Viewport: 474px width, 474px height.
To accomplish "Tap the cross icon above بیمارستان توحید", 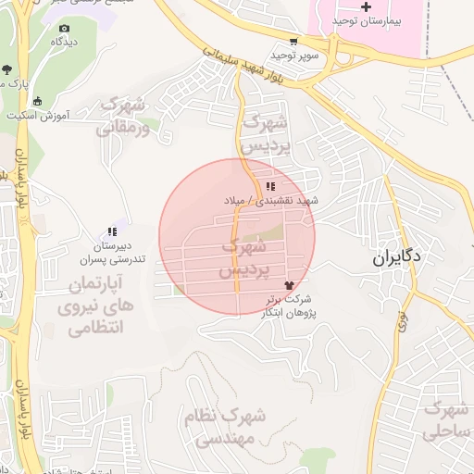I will click(x=366, y=7).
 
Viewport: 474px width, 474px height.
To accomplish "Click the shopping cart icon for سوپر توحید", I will click(x=293, y=42).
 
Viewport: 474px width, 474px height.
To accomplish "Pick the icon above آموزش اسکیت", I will click(x=38, y=101).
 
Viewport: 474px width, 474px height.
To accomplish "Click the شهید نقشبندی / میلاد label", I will click(x=270, y=200).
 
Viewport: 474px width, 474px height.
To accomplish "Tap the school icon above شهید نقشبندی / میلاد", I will click(x=269, y=186).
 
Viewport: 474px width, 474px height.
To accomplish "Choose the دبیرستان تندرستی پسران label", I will click(x=118, y=253).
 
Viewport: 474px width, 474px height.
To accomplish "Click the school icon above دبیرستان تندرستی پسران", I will click(x=113, y=232).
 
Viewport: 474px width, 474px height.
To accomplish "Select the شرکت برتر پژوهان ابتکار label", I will click(x=289, y=306).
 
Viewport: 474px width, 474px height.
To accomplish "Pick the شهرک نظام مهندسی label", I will click(x=225, y=426).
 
